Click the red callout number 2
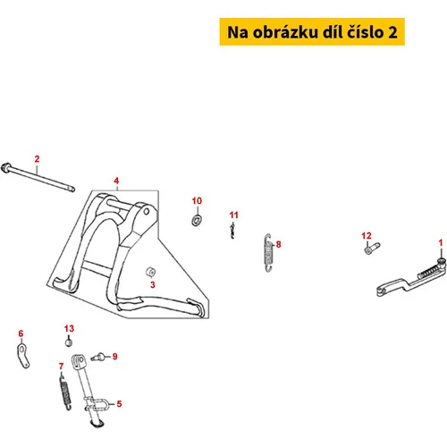37,159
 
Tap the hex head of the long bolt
5,167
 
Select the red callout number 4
116,181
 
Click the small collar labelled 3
151,272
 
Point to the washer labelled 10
196,220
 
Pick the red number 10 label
197,201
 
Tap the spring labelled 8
268,253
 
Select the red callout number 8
278,244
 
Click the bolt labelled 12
372,248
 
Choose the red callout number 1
441,243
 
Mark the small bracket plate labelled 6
23,356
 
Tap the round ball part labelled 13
69,342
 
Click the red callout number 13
69,328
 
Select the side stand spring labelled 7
65,392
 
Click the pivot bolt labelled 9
97,357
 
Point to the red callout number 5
119,404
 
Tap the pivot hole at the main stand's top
147,212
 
